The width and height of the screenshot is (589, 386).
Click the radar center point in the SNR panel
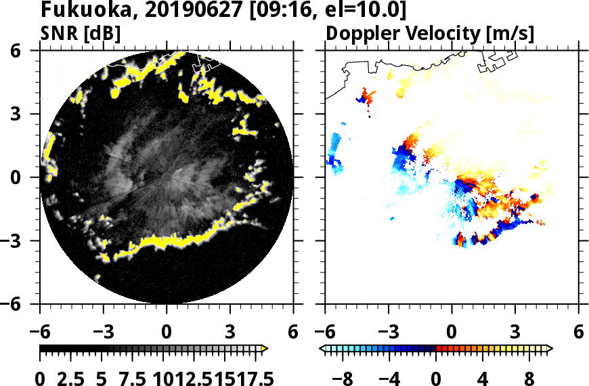point(167,177)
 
